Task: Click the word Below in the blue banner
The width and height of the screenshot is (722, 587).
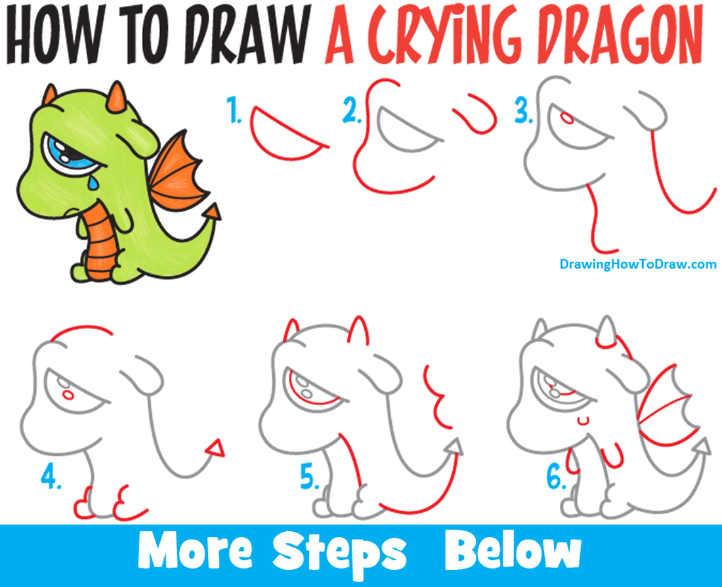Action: pos(513,554)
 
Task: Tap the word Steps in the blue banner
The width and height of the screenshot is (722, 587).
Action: pos(341,554)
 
